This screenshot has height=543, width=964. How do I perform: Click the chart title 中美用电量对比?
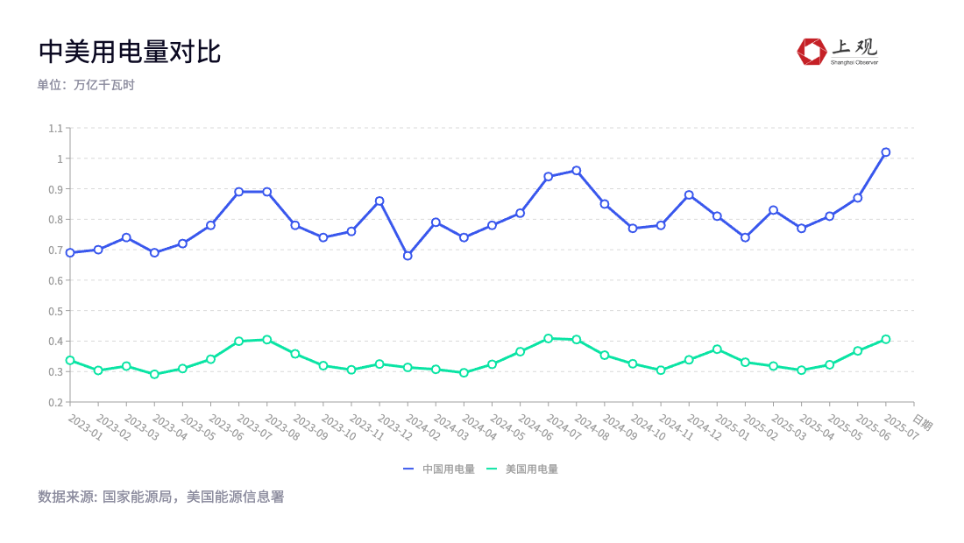pos(130,52)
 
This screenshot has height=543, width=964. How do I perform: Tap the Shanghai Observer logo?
pos(837,51)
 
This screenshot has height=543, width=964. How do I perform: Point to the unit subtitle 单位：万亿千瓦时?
pos(86,85)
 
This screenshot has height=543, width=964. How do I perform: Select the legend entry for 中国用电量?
pos(439,469)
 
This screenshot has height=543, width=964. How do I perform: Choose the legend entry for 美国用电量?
pos(522,469)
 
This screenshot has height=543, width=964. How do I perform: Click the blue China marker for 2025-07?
pos(886,152)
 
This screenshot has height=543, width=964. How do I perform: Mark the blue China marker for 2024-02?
pos(408,256)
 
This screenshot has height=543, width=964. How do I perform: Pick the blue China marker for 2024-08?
pos(577,171)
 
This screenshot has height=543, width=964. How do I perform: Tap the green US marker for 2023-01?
pos(70,360)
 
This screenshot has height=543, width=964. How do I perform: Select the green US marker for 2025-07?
pos(886,339)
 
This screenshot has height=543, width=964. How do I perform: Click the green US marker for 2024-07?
pos(549,338)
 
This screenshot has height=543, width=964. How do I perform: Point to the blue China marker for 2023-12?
pos(379,201)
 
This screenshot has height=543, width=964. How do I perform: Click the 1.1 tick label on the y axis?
pos(55,129)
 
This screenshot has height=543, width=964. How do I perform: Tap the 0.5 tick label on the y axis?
pos(55,311)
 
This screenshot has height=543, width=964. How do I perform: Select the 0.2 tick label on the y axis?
pos(55,402)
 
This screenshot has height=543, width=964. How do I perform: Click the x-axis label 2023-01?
pos(85,427)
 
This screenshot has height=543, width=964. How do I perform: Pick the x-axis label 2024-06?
pos(535,427)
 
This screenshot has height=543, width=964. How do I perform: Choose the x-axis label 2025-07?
pos(901,427)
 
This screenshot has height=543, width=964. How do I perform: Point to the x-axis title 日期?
pos(922,424)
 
